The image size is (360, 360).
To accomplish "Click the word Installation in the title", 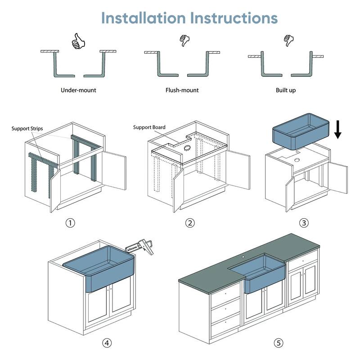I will coord(144,18).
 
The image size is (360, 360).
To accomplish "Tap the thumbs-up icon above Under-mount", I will coord(78,42).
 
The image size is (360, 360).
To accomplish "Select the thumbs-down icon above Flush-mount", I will coord(183,40).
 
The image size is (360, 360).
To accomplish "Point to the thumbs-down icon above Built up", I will coord(288,40).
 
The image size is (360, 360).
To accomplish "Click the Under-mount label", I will coord(78,90).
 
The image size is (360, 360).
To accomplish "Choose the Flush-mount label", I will coord(182,90).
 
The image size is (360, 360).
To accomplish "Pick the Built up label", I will coord(286,90).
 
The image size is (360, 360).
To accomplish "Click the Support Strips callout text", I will coord(27,129).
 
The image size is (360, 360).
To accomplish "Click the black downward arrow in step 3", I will coord(338,129).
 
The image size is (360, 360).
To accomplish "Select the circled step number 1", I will coord(70,223).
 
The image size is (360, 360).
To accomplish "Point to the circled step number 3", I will coord(305,223).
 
